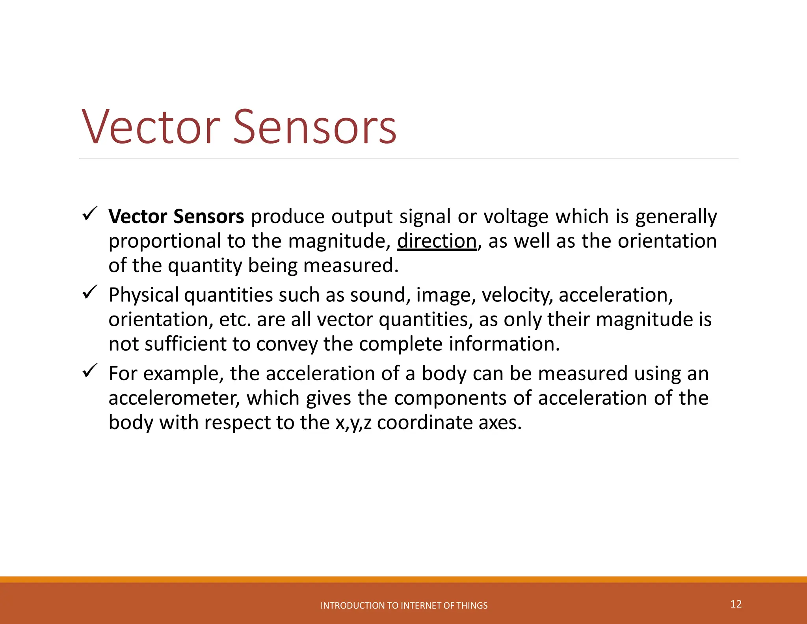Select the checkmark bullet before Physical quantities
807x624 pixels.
click(x=90, y=293)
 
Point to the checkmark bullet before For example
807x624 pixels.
click(x=90, y=371)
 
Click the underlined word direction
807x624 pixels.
click(x=437, y=241)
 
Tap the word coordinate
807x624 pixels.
click(x=424, y=423)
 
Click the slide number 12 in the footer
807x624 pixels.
click(x=736, y=604)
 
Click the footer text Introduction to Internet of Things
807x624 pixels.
click(x=404, y=605)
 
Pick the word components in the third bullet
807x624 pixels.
click(x=450, y=398)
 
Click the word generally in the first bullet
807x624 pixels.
click(x=676, y=217)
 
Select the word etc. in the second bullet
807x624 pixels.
click(x=235, y=319)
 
